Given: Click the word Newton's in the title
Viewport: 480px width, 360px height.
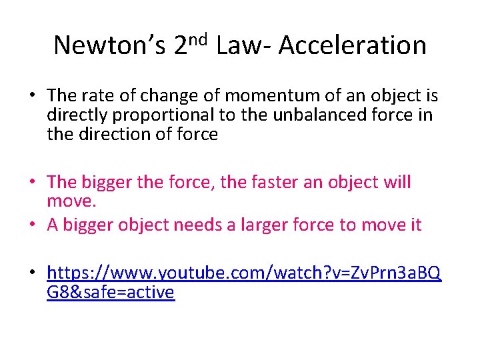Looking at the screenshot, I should [109, 45].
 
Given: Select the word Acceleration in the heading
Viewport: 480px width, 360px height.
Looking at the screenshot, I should [353, 45].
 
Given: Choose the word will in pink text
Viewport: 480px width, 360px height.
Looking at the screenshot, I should [397, 182].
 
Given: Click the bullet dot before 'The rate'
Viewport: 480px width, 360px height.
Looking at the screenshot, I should [31, 96].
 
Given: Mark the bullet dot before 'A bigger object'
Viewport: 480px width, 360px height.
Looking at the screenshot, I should [31, 225].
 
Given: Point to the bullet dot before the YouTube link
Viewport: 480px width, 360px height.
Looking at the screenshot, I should [31, 273].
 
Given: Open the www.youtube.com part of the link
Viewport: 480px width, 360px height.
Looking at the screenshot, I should [186, 273].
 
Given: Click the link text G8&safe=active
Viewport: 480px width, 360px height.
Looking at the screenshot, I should [111, 292].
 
